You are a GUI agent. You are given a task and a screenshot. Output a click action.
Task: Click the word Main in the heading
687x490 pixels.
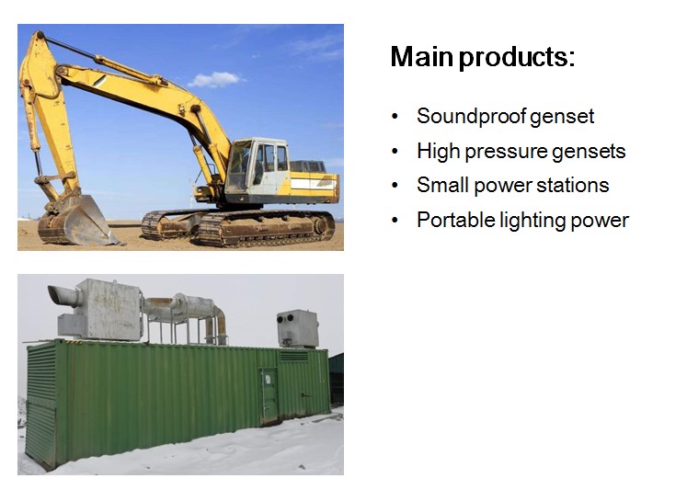click(421, 57)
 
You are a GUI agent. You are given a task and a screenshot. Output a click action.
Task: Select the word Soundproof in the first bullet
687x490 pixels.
click(472, 117)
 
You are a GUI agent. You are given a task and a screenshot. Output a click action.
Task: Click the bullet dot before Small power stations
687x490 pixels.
click(395, 186)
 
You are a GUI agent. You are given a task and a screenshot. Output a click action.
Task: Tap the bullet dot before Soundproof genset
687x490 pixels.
click(395, 117)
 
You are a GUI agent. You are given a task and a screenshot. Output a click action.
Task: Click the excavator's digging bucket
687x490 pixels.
click(76, 222)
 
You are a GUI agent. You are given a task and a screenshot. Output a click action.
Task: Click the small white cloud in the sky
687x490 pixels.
click(214, 80)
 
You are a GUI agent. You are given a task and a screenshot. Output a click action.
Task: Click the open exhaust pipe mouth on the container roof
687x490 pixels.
click(56, 294)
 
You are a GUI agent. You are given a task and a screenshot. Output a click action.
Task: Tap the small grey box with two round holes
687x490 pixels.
click(297, 328)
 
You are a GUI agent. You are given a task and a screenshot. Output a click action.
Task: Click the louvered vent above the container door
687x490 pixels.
click(294, 357)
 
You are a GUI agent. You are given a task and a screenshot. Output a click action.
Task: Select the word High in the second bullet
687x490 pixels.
click(438, 152)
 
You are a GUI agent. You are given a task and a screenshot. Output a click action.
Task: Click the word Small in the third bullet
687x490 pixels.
click(442, 185)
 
